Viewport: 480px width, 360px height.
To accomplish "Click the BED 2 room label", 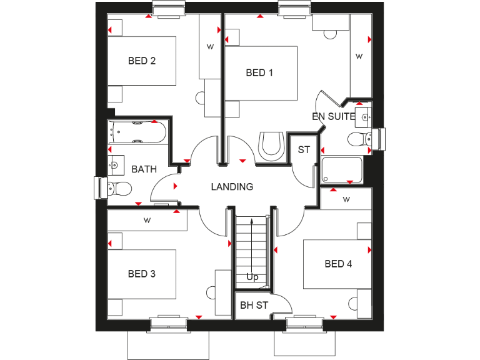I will click(142, 61).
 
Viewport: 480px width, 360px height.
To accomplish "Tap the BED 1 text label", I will click(259, 73).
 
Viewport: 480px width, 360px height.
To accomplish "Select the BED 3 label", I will click(142, 274).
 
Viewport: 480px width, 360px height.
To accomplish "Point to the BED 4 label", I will click(338, 264).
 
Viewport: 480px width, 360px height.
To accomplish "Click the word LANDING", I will click(232, 186).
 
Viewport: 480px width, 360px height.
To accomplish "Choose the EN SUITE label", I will click(334, 116).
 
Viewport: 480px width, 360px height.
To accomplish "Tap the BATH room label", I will click(144, 169).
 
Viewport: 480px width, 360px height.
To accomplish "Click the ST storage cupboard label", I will click(304, 150).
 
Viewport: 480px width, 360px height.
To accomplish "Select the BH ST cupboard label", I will click(254, 306).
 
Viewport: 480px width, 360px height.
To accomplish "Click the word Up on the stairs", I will click(252, 277).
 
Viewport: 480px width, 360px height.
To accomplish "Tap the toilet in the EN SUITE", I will click(359, 138).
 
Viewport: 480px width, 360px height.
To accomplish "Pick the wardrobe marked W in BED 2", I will click(211, 47).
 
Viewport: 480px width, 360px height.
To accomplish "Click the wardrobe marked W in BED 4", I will click(346, 199).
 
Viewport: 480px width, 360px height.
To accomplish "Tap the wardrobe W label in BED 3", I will click(147, 220).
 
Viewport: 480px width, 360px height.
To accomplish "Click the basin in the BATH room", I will click(114, 165).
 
